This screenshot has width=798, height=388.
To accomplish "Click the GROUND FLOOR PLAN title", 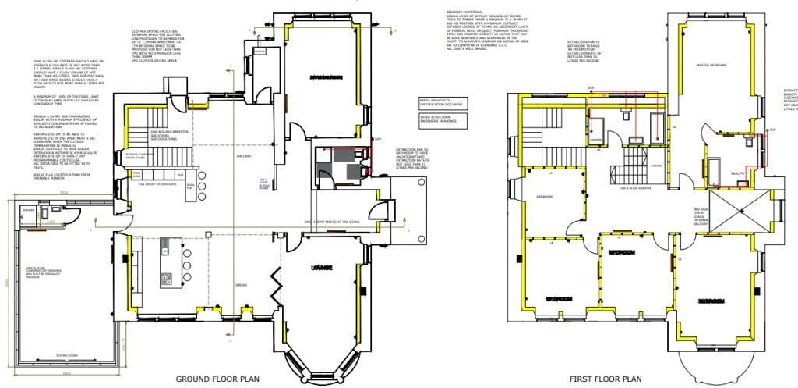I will (217, 378).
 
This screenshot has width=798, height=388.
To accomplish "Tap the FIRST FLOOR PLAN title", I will (606, 378).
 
